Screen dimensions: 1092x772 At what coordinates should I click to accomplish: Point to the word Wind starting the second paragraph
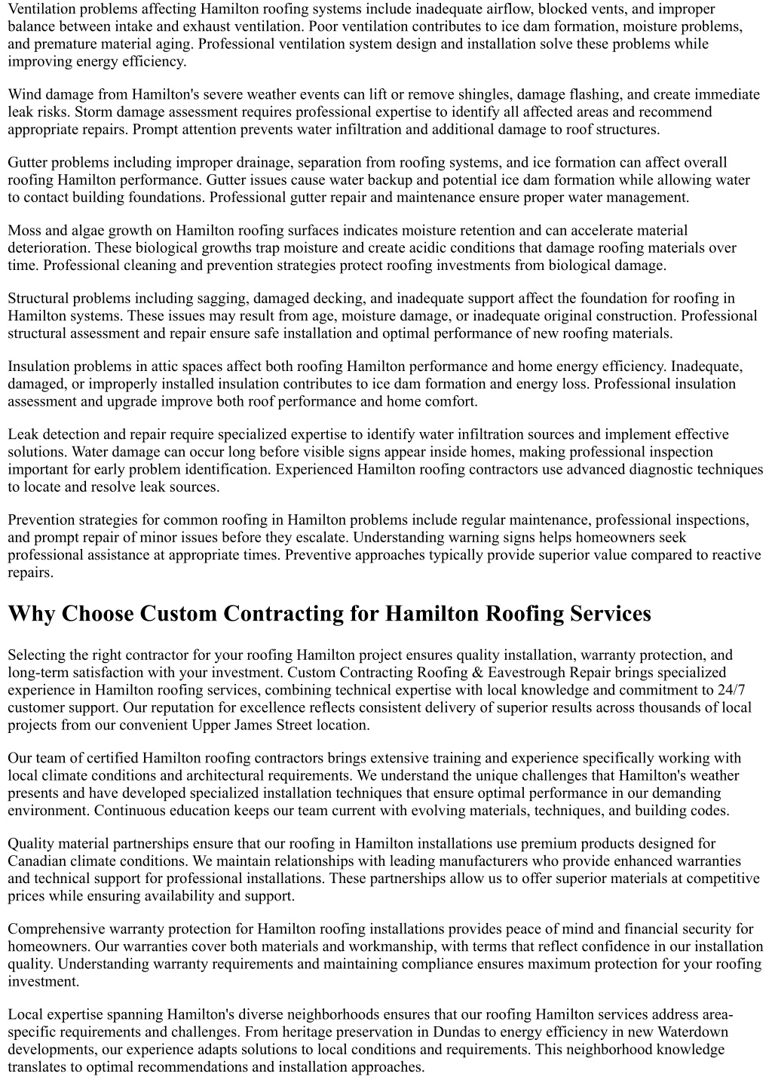[x=24, y=95]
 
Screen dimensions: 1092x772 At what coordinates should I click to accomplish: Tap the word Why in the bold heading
[x=32, y=614]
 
